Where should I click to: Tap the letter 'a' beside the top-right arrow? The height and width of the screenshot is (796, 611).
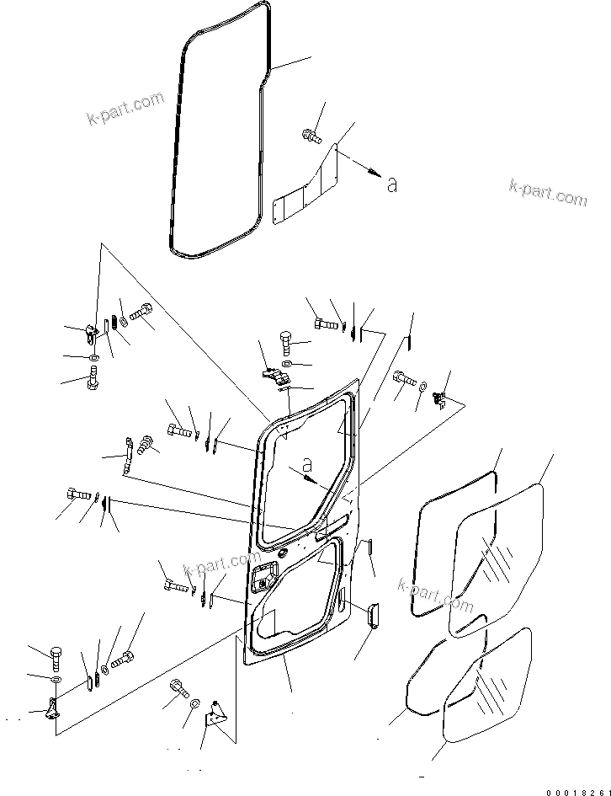pyautogui.click(x=391, y=184)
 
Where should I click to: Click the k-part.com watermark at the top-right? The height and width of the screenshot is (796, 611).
pyautogui.click(x=548, y=193)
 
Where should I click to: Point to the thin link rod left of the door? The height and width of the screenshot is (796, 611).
pyautogui.click(x=128, y=454)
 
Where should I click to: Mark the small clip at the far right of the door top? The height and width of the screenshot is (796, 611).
pyautogui.click(x=438, y=398)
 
